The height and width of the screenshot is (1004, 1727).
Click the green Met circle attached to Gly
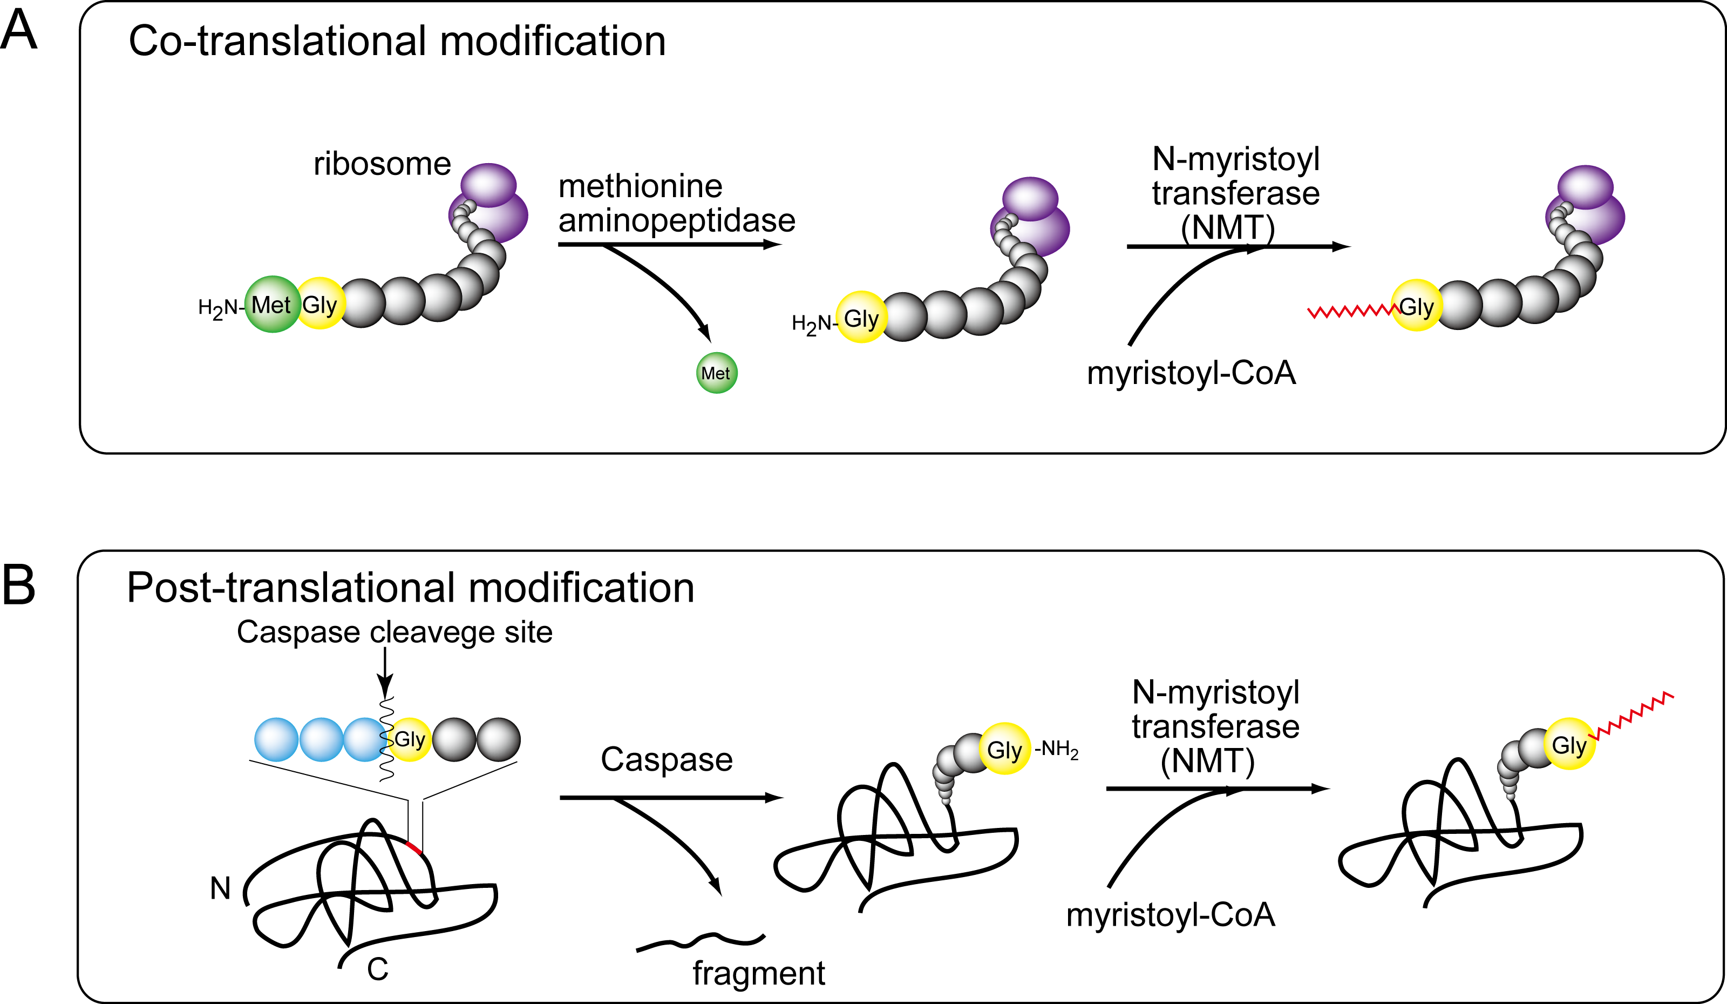tap(271, 305)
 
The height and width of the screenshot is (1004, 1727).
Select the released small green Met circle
tap(716, 373)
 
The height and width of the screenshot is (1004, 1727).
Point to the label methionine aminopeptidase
tap(676, 204)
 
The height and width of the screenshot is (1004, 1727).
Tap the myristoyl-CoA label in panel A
tap(1191, 374)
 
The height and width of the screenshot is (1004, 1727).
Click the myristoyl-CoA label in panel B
tap(1171, 915)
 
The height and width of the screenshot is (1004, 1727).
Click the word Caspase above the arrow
tap(666, 760)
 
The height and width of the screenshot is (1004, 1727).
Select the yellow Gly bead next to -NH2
tap(1004, 749)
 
